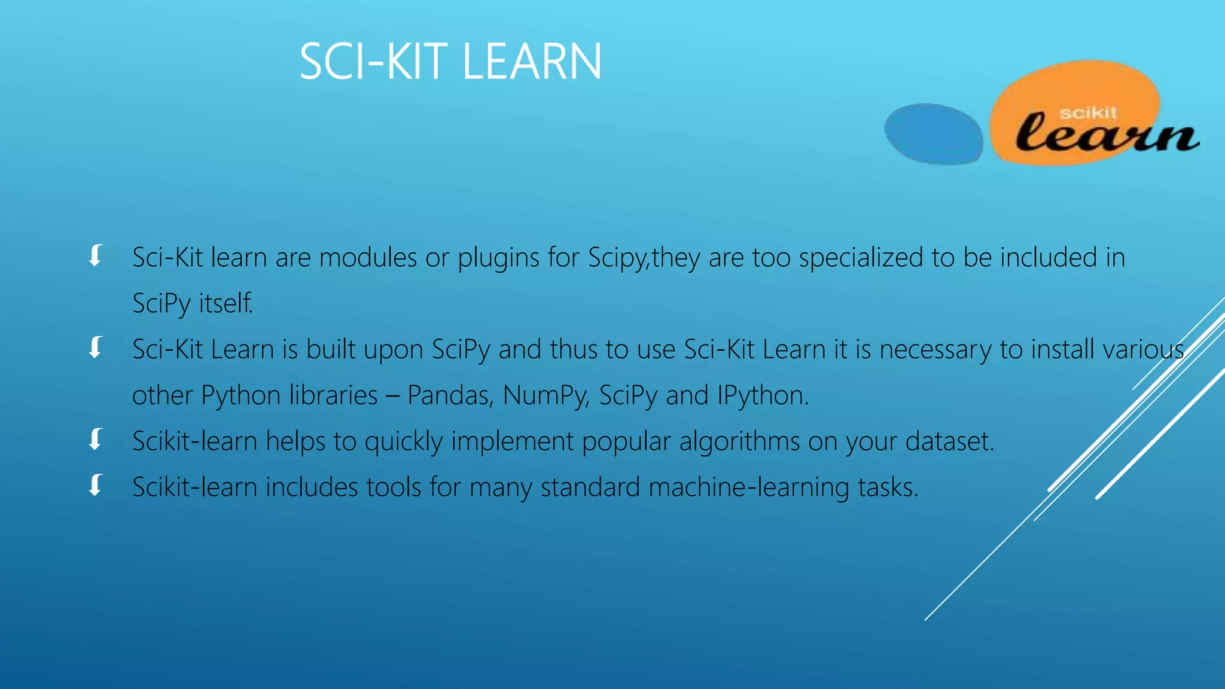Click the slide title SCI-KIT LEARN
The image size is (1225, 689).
tap(450, 62)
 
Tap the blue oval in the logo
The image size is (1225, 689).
tap(933, 133)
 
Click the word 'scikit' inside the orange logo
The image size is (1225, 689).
tap(1087, 112)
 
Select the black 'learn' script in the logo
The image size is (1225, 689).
tap(1107, 134)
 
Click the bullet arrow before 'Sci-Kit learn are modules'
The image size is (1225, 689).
tap(96, 255)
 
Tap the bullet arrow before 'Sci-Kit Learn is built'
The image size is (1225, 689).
tap(96, 347)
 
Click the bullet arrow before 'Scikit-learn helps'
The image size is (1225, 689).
tap(96, 440)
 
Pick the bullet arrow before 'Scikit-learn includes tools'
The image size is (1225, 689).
tap(96, 485)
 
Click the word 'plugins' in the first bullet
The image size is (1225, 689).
tap(498, 258)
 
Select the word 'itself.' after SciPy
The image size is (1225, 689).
tap(226, 304)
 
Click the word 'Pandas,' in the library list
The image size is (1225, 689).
tap(450, 395)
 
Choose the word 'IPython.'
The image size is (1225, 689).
tap(763, 395)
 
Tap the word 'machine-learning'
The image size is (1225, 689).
tap(749, 487)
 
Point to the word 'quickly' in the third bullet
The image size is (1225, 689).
tap(404, 442)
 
